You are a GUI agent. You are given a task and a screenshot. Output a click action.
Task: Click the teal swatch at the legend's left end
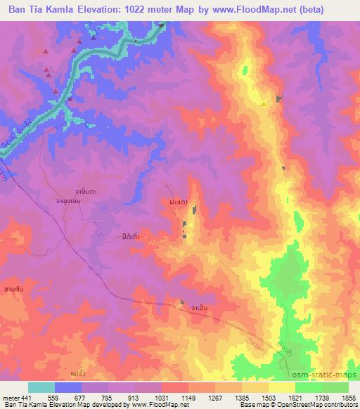pos(41,387)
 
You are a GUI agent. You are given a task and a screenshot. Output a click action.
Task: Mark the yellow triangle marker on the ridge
pos(264,103)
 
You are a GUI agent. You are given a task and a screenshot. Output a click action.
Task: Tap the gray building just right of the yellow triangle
pos(280,99)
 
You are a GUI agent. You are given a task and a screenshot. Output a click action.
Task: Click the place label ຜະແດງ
pos(179,202)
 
